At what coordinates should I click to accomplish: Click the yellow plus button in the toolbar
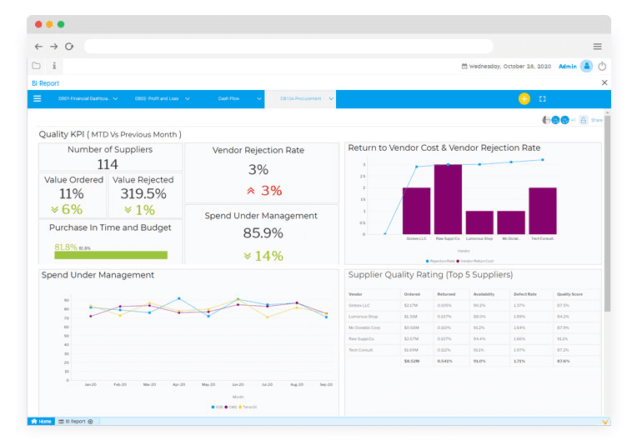[x=524, y=98]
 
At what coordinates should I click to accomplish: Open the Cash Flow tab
[x=228, y=99]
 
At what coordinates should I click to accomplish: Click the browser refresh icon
[x=69, y=47]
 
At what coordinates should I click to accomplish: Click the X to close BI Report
[x=604, y=82]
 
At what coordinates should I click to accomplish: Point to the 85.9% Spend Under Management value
[x=262, y=233]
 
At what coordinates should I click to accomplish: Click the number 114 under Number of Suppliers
[x=108, y=164]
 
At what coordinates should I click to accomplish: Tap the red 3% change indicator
[x=264, y=191]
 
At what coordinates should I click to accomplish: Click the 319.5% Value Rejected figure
[x=143, y=194]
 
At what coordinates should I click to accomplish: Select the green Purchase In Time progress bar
[x=110, y=255]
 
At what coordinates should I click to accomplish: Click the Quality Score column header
[x=569, y=294]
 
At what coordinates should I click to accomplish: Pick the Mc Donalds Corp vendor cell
[x=364, y=327]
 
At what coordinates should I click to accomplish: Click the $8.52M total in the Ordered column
[x=411, y=361]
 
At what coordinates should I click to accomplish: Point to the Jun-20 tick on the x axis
[x=238, y=384]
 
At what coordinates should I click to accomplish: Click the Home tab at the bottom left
[x=41, y=422]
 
